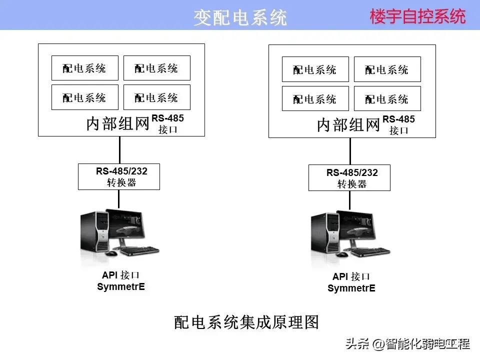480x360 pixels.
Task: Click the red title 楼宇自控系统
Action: [417, 16]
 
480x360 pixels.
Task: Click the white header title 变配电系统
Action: [240, 17]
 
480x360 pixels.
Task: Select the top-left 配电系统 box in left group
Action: [85, 68]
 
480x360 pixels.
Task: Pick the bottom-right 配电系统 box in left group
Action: [156, 97]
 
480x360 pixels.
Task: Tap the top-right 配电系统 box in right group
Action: [387, 69]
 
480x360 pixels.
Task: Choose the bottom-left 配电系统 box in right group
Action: [315, 98]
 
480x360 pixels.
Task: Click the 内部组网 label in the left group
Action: [117, 123]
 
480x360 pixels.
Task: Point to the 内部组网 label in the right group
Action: [348, 125]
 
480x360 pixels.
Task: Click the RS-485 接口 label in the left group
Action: [168, 123]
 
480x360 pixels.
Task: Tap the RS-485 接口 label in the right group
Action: [398, 124]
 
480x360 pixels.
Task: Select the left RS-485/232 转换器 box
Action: [119, 176]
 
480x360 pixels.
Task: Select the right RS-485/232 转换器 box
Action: [349, 178]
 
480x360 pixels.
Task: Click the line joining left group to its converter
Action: [119, 150]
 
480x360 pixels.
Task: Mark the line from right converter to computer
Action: [349, 200]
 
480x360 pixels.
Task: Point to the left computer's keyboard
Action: [140, 251]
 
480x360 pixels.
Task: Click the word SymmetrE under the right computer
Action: [351, 288]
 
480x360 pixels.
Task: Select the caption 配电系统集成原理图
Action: [246, 322]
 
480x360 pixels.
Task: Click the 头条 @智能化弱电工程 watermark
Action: [408, 344]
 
